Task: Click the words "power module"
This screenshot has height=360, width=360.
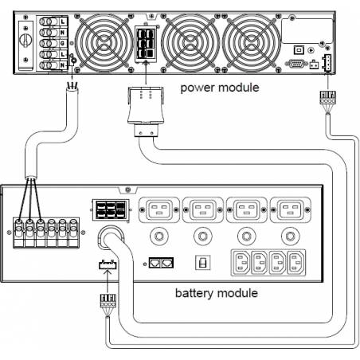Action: pyautogui.click(x=220, y=88)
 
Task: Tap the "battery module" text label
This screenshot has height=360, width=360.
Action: pyautogui.click(x=217, y=293)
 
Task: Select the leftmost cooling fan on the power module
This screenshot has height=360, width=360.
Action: pyautogui.click(x=104, y=42)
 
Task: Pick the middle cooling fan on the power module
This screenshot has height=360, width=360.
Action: pyautogui.click(x=190, y=42)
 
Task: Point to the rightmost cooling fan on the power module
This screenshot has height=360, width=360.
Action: pyautogui.click(x=252, y=42)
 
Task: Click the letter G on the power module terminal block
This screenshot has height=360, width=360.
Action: pyautogui.click(x=63, y=43)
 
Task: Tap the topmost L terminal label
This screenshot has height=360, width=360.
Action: pyautogui.click(x=63, y=22)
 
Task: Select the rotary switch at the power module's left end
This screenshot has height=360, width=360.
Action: pyautogui.click(x=25, y=40)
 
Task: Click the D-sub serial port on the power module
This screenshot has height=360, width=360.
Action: pyautogui.click(x=296, y=64)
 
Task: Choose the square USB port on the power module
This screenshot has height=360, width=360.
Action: pyautogui.click(x=299, y=49)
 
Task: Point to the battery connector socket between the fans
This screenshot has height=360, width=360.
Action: pyautogui.click(x=146, y=44)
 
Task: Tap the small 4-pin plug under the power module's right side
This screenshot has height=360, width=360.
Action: pyautogui.click(x=328, y=97)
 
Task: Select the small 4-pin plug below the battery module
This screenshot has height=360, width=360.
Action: pyautogui.click(x=108, y=301)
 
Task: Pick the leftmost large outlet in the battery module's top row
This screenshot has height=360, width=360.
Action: pyautogui.click(x=159, y=209)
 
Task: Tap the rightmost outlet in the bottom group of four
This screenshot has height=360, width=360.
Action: pyautogui.click(x=296, y=263)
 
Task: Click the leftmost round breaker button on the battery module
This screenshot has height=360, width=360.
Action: pyautogui.click(x=159, y=236)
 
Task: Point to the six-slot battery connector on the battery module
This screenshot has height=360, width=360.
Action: pyautogui.click(x=111, y=209)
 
